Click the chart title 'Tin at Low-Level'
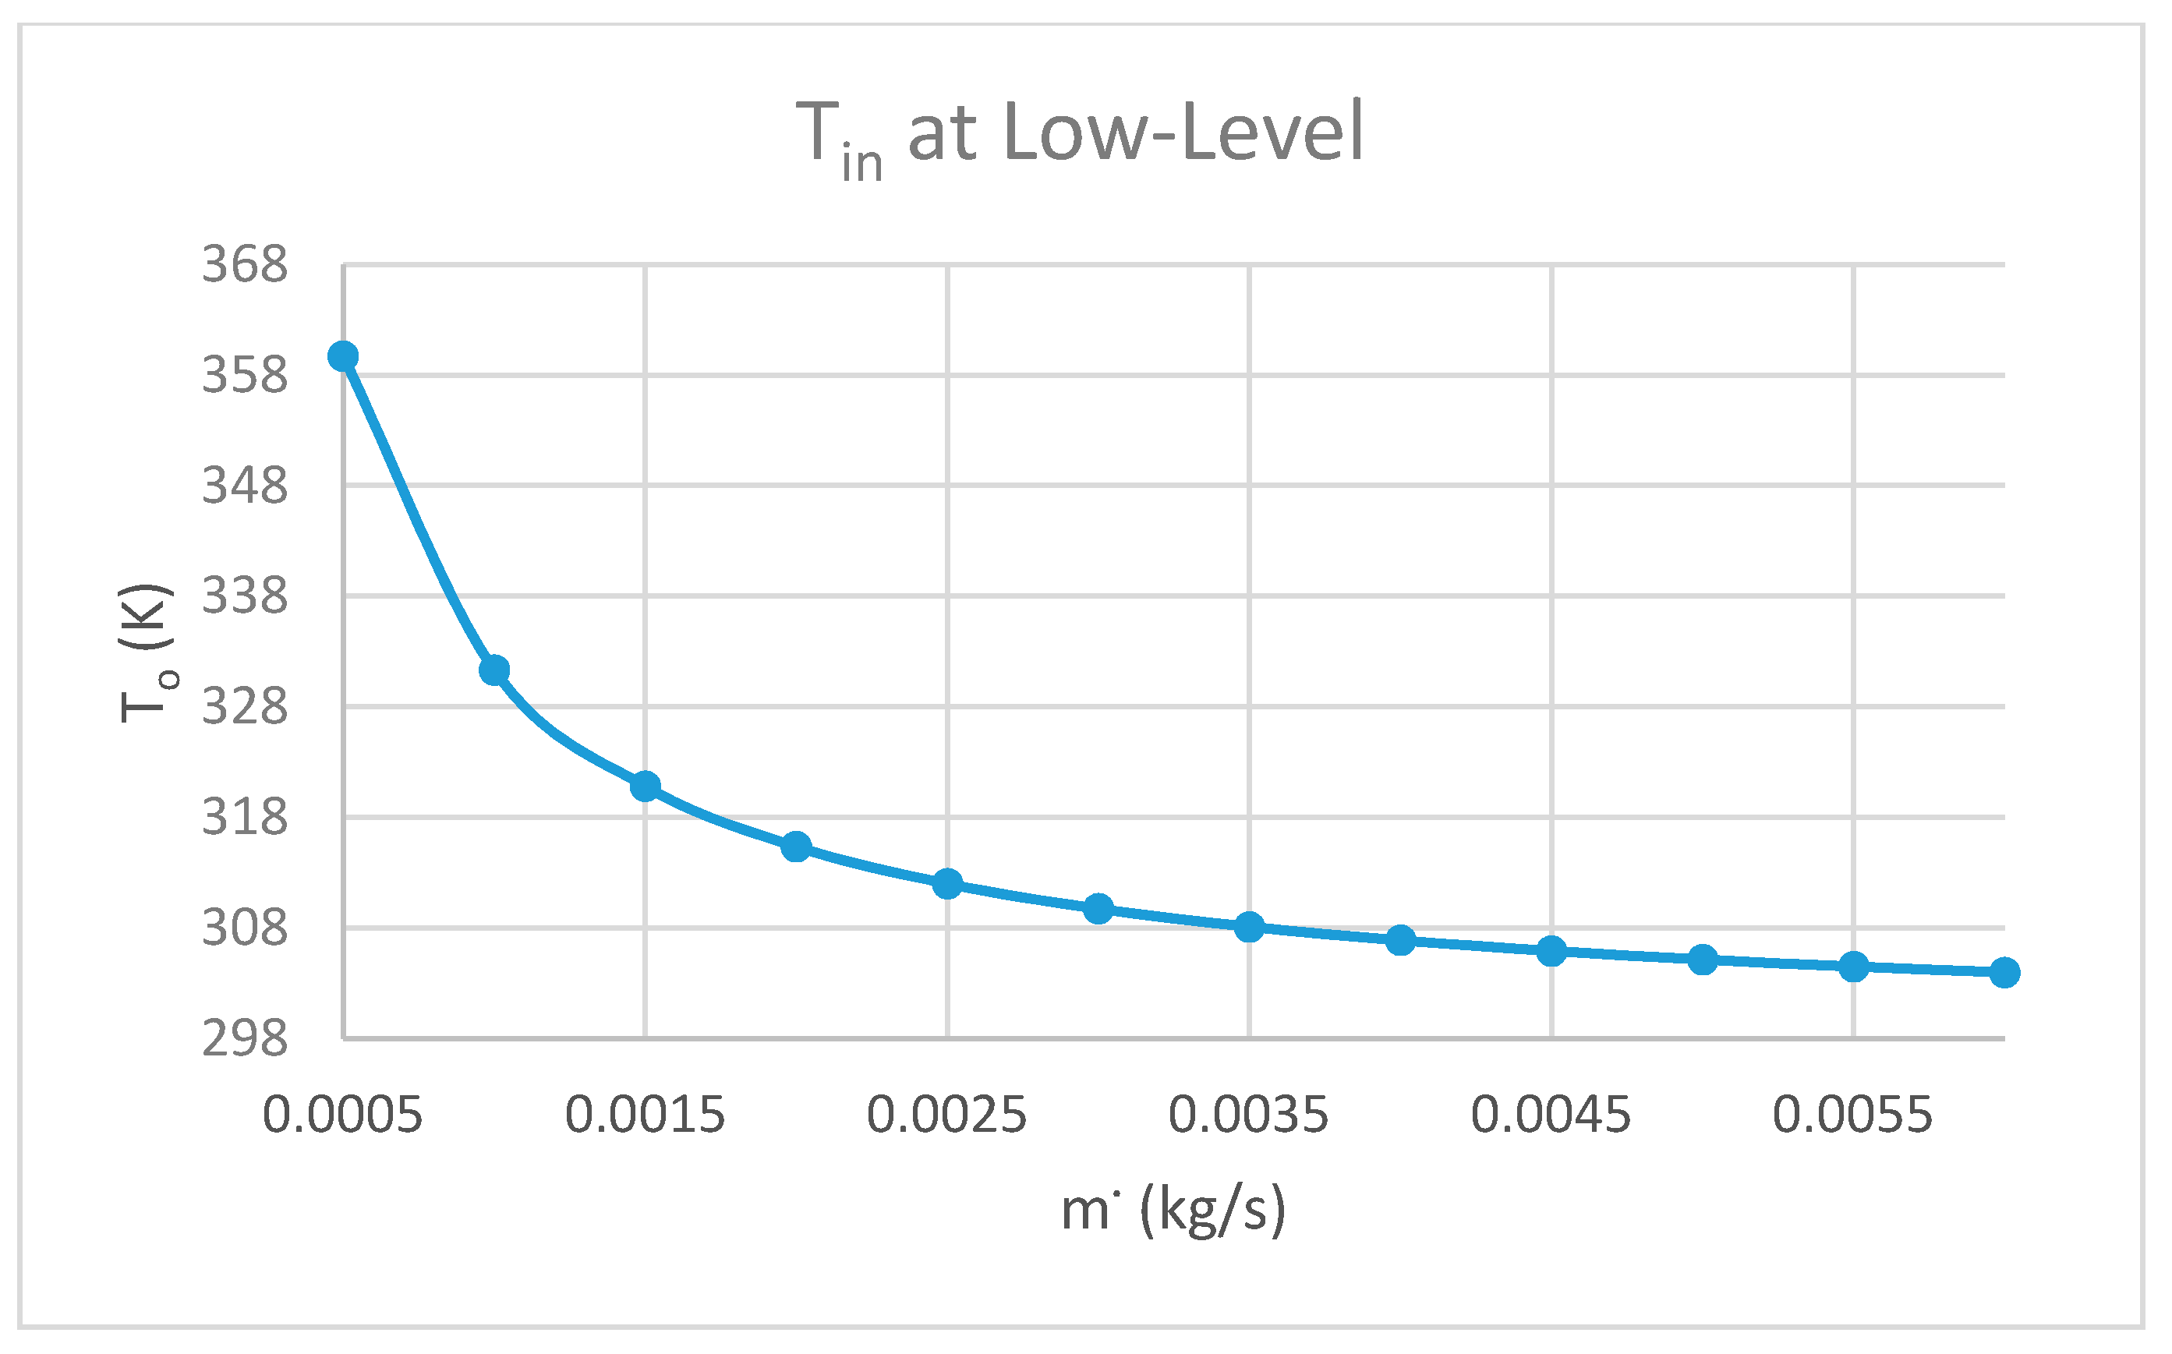(1079, 134)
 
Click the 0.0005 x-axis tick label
(342, 1115)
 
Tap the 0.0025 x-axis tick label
(946, 1115)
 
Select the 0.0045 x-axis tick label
(1551, 1115)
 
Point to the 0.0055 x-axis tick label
(1852, 1115)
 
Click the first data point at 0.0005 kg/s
(343, 356)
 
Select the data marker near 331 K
(494, 670)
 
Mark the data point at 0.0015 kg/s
(645, 787)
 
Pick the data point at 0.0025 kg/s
(946, 884)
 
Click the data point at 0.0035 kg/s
(1249, 927)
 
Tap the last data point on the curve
(2004, 973)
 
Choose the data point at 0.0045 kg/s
(1551, 951)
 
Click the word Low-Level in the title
(1184, 132)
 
